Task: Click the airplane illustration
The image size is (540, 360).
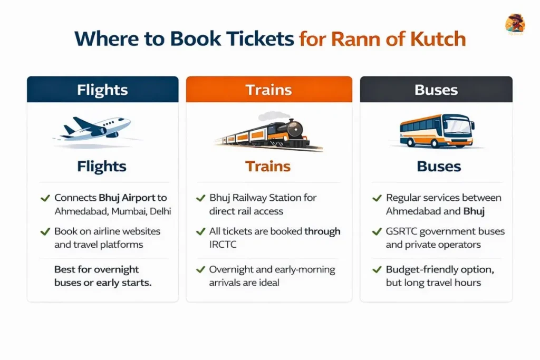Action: (x=97, y=128)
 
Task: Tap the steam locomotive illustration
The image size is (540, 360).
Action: (x=269, y=132)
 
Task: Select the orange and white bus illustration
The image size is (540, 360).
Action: (x=437, y=130)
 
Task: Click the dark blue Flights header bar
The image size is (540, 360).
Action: (x=102, y=90)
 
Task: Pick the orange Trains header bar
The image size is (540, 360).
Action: (x=269, y=90)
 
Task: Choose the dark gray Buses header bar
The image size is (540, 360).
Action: (x=436, y=90)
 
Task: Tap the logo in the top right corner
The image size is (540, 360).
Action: (x=515, y=23)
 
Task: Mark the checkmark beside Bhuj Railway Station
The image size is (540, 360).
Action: (x=200, y=198)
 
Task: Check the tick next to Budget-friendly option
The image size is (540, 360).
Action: (x=377, y=270)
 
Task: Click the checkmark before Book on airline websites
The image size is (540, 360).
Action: (x=45, y=231)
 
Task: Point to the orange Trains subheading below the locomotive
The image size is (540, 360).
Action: (x=268, y=167)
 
